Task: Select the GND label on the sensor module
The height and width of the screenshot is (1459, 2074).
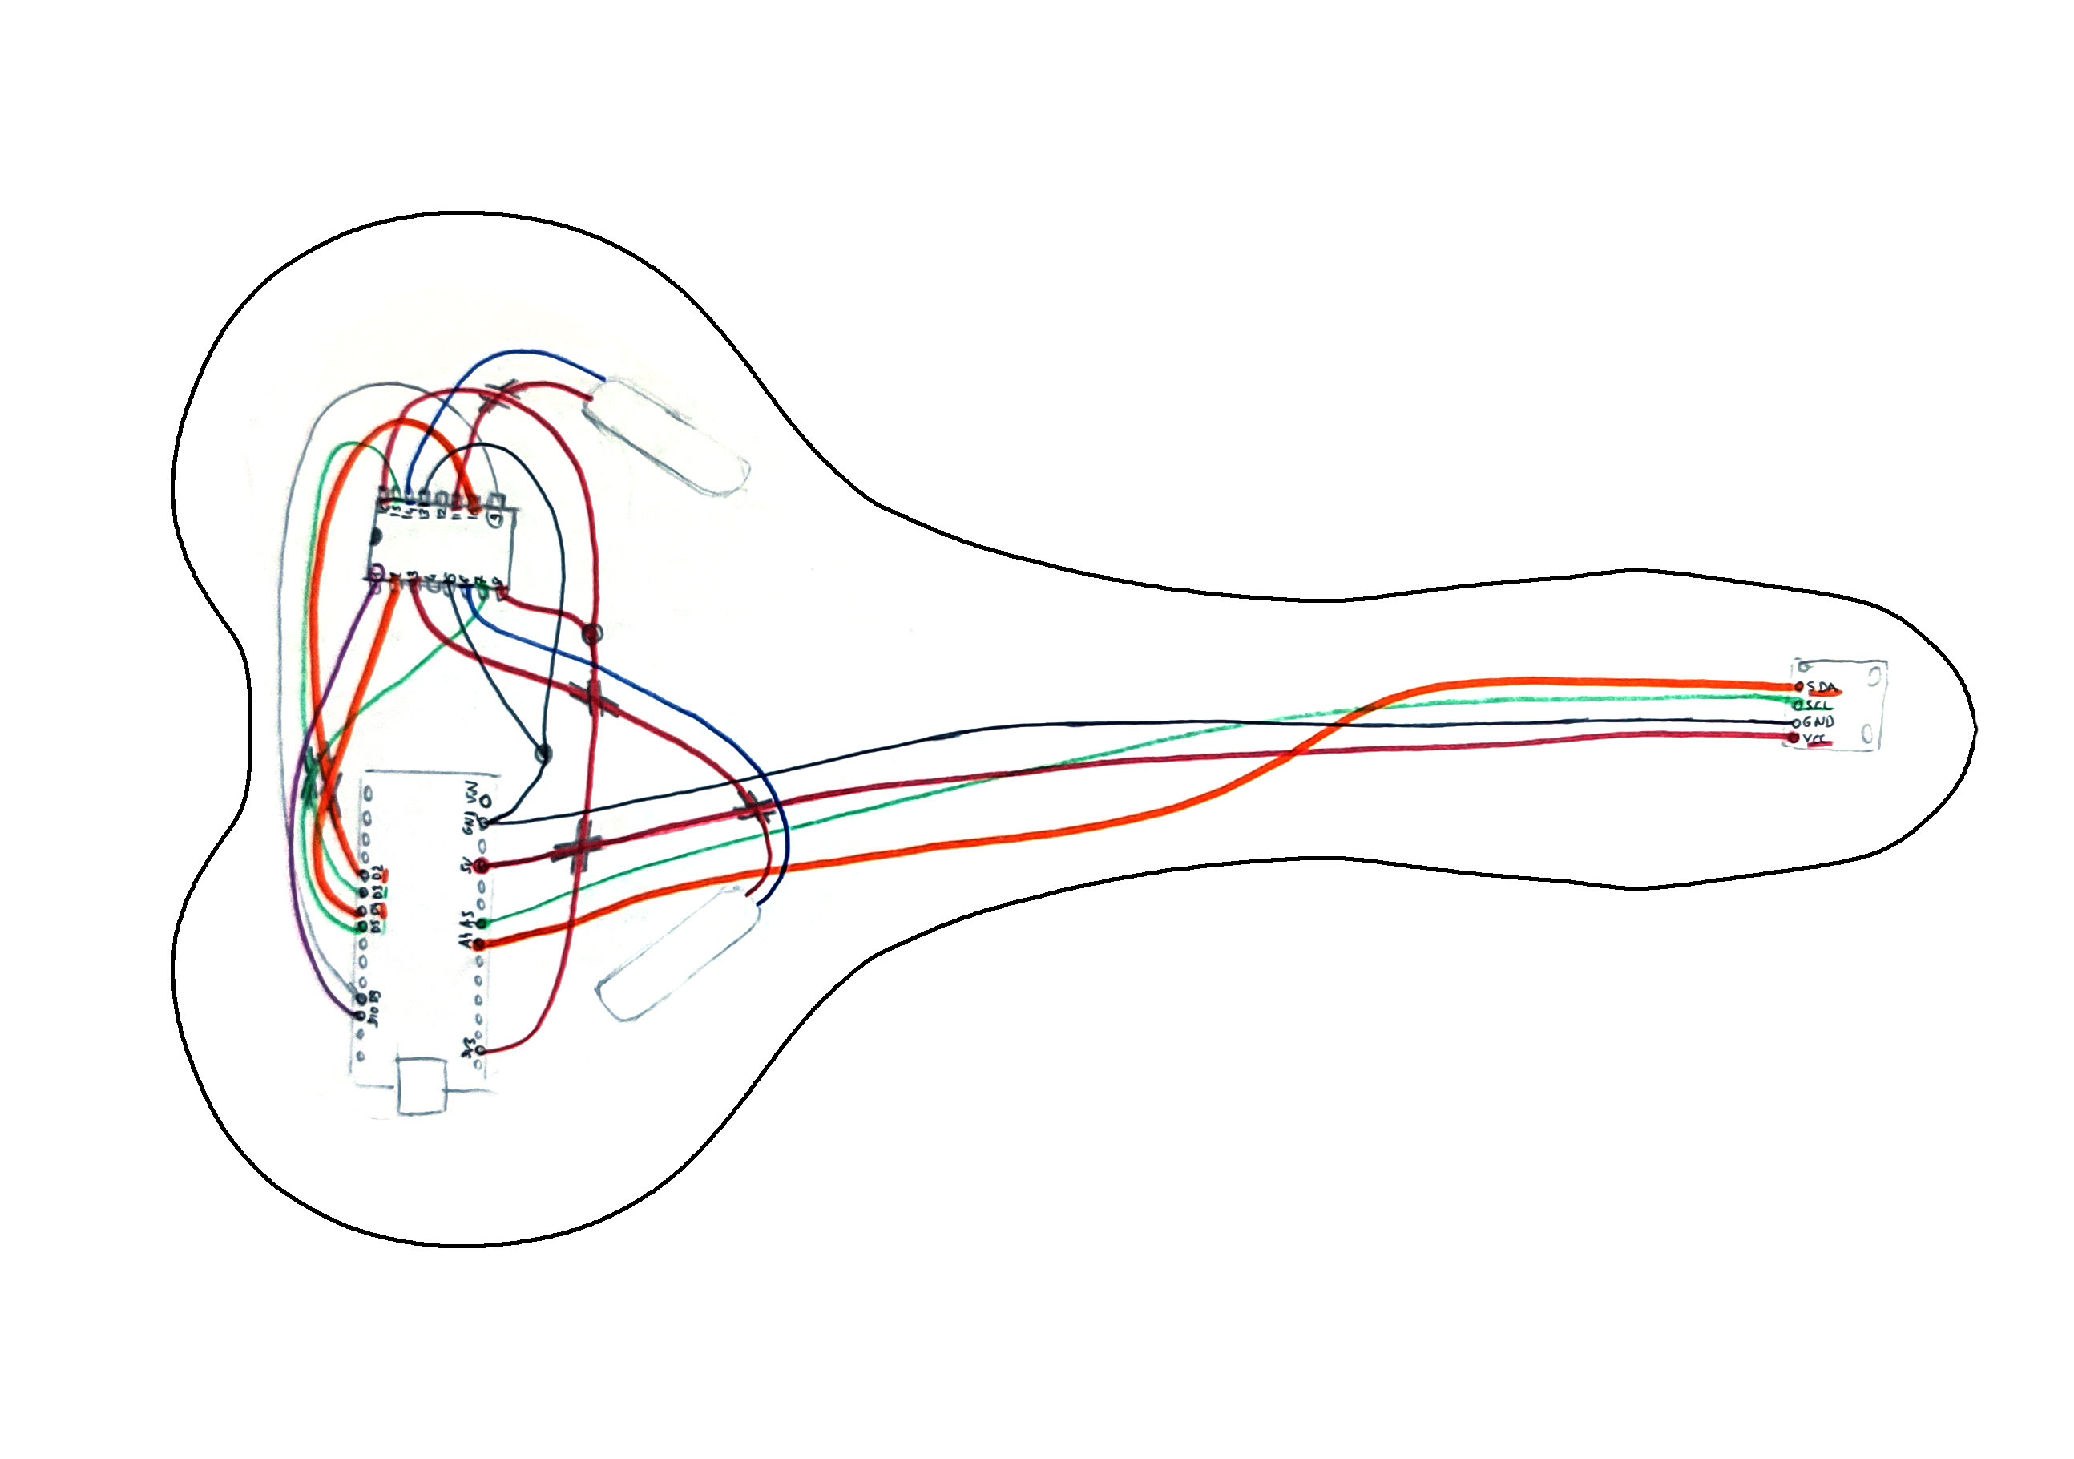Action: (x=1818, y=721)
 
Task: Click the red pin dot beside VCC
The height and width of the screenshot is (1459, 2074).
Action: (x=1794, y=738)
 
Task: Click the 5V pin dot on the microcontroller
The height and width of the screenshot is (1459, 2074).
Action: (x=482, y=866)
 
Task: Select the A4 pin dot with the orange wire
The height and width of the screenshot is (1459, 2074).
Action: (x=480, y=944)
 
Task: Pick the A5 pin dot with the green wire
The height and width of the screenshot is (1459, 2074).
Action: (x=482, y=923)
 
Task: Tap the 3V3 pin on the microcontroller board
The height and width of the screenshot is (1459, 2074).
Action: (x=481, y=1049)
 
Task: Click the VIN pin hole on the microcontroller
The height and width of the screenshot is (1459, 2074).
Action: (x=486, y=800)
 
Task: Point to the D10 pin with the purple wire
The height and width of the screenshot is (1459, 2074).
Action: (x=361, y=999)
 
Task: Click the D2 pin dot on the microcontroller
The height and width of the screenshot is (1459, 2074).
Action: (x=363, y=875)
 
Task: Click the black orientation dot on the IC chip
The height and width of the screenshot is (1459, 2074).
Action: (x=376, y=536)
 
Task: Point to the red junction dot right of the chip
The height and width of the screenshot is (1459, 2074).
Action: (x=591, y=633)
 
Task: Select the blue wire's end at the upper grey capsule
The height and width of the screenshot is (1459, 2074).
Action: (x=603, y=379)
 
